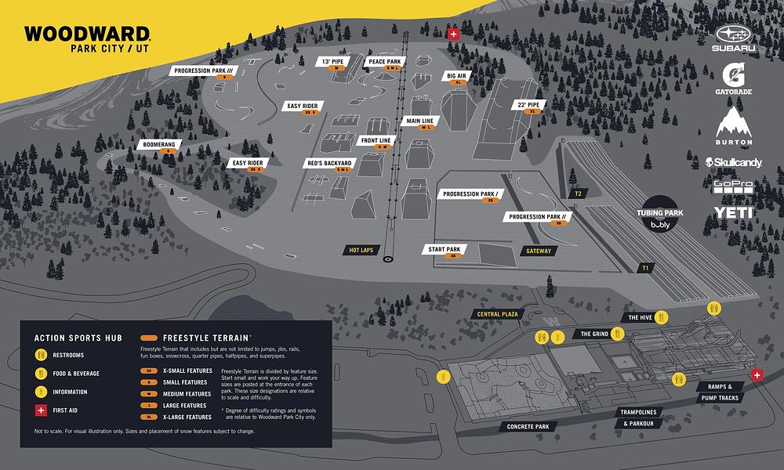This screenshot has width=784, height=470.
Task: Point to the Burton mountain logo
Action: [733, 125]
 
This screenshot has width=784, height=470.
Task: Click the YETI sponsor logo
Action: [733, 212]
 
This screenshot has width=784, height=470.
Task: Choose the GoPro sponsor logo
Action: [733, 186]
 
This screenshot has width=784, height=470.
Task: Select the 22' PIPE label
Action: [528, 104]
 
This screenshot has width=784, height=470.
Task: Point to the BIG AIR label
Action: [456, 76]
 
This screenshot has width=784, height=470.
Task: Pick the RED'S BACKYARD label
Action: [330, 163]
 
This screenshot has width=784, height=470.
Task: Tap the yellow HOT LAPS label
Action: [362, 251]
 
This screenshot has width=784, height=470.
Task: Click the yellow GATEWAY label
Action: [539, 251]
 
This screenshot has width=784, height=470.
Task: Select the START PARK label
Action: [444, 249]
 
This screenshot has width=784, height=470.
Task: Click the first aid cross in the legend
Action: [40, 409]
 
